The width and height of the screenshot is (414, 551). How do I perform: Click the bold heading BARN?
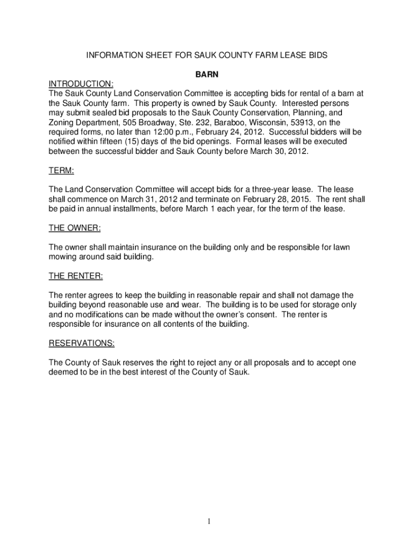tap(206, 74)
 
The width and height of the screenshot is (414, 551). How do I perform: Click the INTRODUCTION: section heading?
tap(81, 84)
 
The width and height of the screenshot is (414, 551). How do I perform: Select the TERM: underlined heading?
tap(61, 171)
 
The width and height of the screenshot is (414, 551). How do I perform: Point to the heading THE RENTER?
tap(76, 276)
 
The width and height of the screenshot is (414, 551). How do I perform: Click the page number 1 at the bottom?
tap(207, 521)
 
